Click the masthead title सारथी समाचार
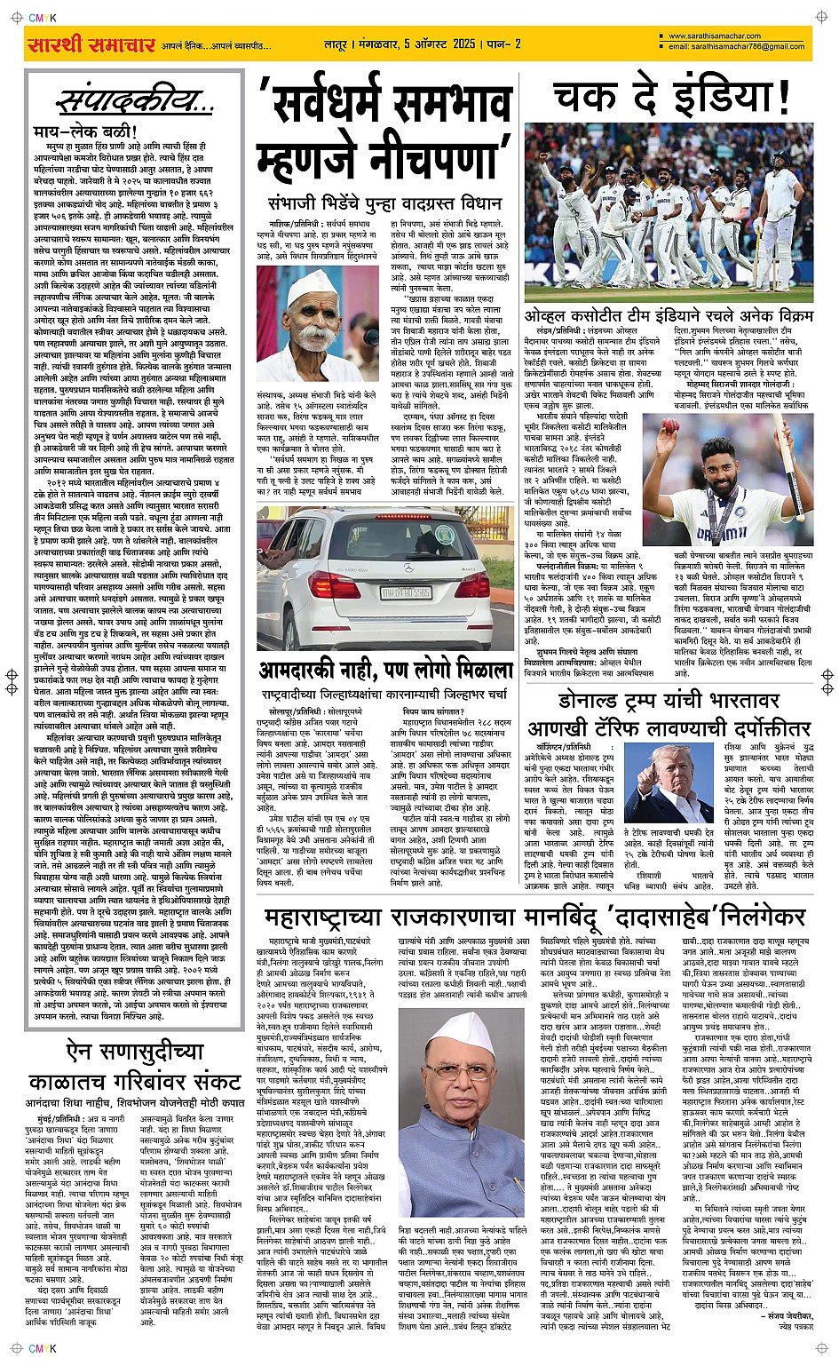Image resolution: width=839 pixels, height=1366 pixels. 91,44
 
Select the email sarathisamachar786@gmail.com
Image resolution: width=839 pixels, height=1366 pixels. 737,46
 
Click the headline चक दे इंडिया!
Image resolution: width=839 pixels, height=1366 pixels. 671,99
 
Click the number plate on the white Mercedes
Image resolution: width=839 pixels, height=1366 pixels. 406,592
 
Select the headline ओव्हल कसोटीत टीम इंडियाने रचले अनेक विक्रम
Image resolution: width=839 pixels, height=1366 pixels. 668,315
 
